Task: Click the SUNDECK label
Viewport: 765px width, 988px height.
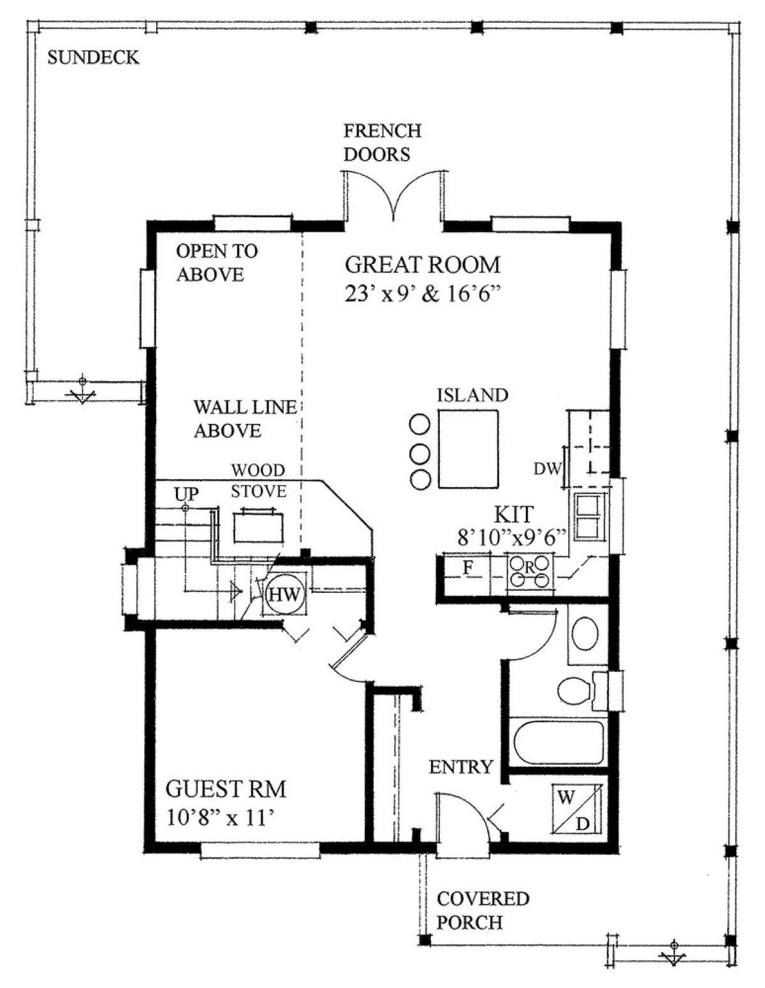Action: [x=93, y=58]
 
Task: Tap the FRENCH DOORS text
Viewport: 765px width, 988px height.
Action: [x=382, y=142]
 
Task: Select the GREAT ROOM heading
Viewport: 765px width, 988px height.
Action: [x=422, y=265]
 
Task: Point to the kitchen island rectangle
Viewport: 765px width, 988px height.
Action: [x=468, y=449]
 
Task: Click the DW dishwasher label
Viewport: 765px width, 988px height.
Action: [x=547, y=469]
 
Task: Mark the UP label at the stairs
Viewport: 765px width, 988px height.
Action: [x=186, y=494]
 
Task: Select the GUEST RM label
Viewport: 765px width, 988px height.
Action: [x=226, y=789]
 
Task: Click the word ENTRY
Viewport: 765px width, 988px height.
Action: [x=461, y=767]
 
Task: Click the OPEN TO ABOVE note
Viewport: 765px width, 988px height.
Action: [x=217, y=263]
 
